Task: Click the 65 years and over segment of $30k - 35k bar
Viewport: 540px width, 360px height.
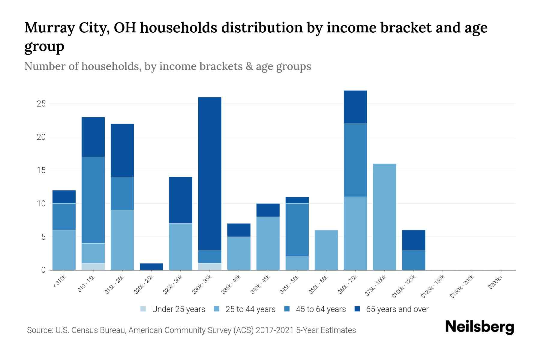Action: (210, 173)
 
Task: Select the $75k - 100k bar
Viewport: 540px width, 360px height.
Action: (385, 217)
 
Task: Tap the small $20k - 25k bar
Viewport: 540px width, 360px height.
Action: (151, 266)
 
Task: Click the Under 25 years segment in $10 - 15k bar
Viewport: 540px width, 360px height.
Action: (93, 266)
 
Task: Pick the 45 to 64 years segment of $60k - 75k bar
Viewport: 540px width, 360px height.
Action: (355, 160)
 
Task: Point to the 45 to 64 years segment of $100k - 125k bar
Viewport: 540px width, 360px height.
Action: (414, 260)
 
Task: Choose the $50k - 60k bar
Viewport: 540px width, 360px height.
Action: (326, 250)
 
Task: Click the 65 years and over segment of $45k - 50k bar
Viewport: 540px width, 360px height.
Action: (297, 200)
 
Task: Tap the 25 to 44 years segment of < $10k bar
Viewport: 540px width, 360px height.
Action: (64, 250)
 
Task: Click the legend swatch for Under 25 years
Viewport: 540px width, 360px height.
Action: (143, 309)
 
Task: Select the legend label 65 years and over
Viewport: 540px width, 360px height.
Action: (397, 309)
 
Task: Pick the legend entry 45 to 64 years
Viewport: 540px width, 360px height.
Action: (321, 309)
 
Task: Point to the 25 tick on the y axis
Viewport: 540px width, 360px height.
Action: (41, 104)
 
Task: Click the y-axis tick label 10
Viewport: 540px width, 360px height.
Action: (41, 204)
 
